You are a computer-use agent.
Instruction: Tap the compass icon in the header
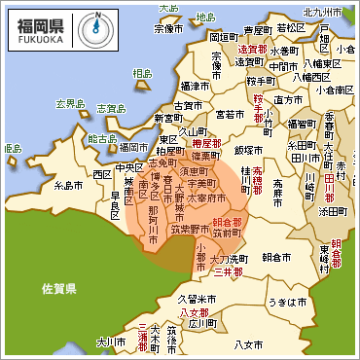[89, 27]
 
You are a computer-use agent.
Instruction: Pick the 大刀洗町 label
[227, 260]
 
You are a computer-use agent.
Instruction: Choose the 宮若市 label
[230, 114]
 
